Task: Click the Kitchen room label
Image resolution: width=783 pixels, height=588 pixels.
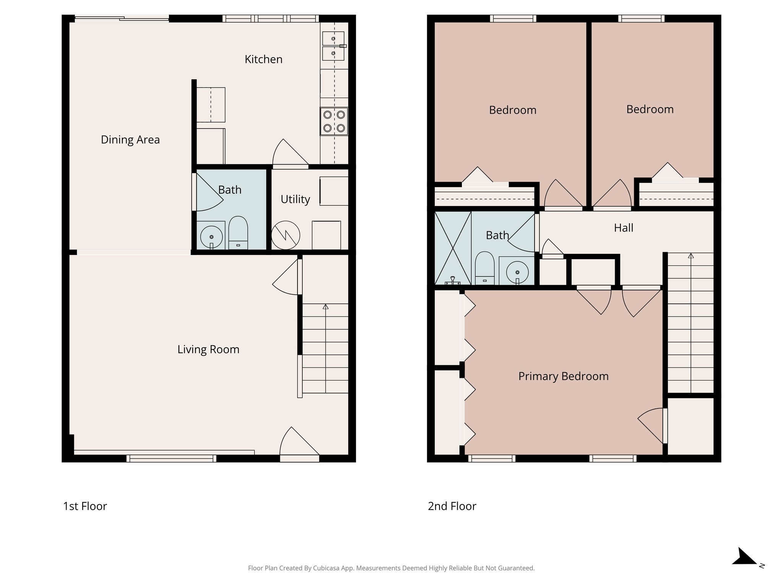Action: coord(263,59)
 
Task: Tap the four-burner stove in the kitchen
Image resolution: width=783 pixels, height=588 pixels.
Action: coord(334,121)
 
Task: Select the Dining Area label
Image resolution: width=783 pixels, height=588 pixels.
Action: coord(130,140)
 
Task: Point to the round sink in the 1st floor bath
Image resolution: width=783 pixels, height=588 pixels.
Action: coord(211,237)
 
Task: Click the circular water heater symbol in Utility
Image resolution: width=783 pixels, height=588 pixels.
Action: coord(286,235)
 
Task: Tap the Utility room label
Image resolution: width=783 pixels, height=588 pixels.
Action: coord(295,199)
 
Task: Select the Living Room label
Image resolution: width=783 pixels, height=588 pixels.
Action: coord(208,350)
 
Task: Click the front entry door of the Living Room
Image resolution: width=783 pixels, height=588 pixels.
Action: coord(299,444)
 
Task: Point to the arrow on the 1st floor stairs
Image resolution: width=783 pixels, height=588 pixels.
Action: coord(325,307)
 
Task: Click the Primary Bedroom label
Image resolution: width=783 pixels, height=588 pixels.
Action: coord(563,376)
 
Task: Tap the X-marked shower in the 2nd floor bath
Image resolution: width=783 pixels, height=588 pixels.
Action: coord(453,248)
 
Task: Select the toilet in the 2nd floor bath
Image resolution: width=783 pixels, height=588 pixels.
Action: coord(484,268)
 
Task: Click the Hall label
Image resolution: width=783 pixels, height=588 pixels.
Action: coord(623,228)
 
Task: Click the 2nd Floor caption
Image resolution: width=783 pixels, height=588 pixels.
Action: coord(452,506)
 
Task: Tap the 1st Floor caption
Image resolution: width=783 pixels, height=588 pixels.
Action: coord(85,506)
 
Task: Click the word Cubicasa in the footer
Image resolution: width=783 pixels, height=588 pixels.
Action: coord(327,568)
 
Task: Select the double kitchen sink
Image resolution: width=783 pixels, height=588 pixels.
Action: coord(333,46)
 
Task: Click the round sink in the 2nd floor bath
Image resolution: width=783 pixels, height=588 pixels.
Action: coord(517,272)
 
